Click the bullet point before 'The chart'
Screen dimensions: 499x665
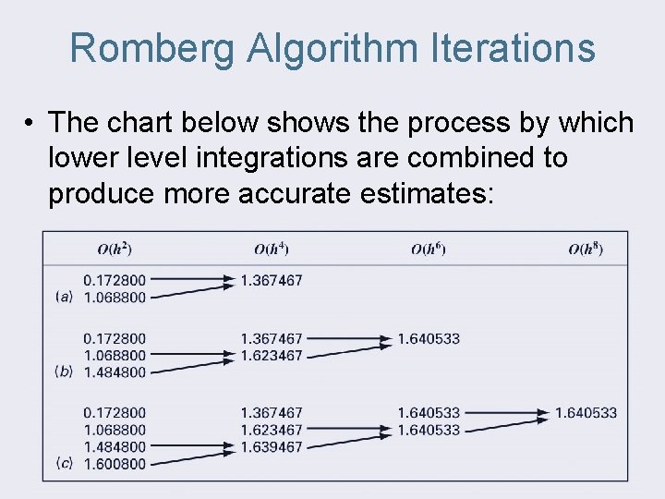(x=30, y=123)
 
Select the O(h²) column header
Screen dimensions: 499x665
(x=115, y=249)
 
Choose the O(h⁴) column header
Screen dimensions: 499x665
(x=272, y=249)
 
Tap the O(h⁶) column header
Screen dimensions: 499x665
(x=429, y=249)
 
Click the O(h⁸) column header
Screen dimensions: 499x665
(x=586, y=249)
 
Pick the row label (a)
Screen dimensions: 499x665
(x=64, y=297)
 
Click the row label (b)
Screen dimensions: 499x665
(x=64, y=371)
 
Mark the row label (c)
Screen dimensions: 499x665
(x=64, y=463)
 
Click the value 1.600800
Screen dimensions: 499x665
(x=115, y=464)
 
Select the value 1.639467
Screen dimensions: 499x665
(x=272, y=447)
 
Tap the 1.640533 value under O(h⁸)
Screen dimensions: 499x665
(x=586, y=412)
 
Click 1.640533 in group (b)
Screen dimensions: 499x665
(x=429, y=339)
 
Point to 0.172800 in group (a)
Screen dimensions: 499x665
(x=115, y=280)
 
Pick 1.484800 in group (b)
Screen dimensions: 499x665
(x=115, y=372)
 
